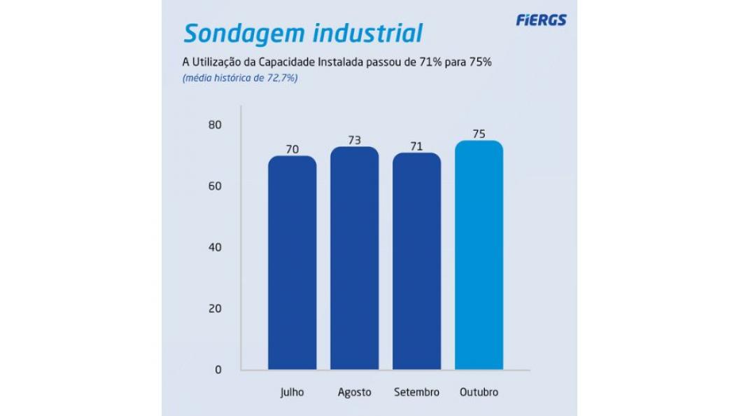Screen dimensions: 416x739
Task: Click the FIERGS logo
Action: [x=541, y=20]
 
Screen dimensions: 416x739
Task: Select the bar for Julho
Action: [x=293, y=263]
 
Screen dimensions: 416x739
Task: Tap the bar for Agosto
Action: [x=355, y=258]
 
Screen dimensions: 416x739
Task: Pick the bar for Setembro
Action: [x=417, y=261]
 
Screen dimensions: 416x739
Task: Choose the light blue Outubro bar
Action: [x=479, y=256]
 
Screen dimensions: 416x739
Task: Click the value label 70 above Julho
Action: [x=293, y=148]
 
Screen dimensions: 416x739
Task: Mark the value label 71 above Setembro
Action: [x=417, y=146]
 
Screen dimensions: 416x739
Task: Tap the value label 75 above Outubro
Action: [x=479, y=133]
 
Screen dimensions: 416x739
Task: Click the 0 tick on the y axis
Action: [x=217, y=369]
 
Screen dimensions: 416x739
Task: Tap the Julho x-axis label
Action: [x=292, y=392]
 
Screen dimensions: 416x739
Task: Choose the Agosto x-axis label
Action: [x=354, y=392]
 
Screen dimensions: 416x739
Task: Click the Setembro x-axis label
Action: [x=416, y=392]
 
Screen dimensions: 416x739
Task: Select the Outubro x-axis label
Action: [x=479, y=392]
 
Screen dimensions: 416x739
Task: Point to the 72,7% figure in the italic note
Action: [x=280, y=78]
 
